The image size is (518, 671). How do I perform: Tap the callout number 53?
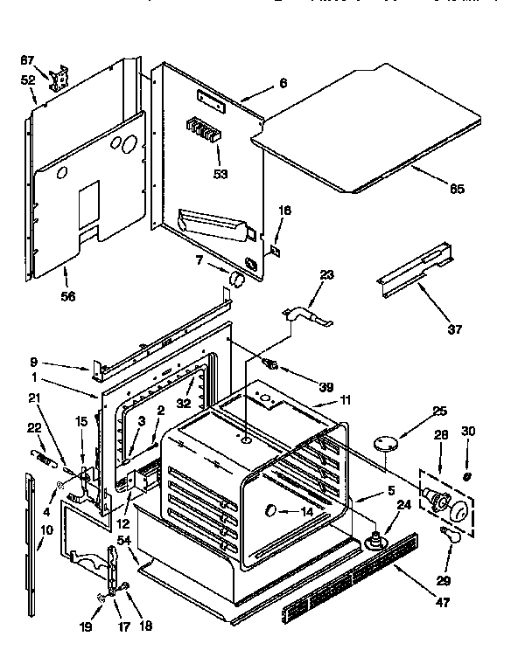click(220, 174)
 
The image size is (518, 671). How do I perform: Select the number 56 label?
click(67, 296)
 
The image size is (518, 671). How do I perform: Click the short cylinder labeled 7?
click(236, 280)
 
